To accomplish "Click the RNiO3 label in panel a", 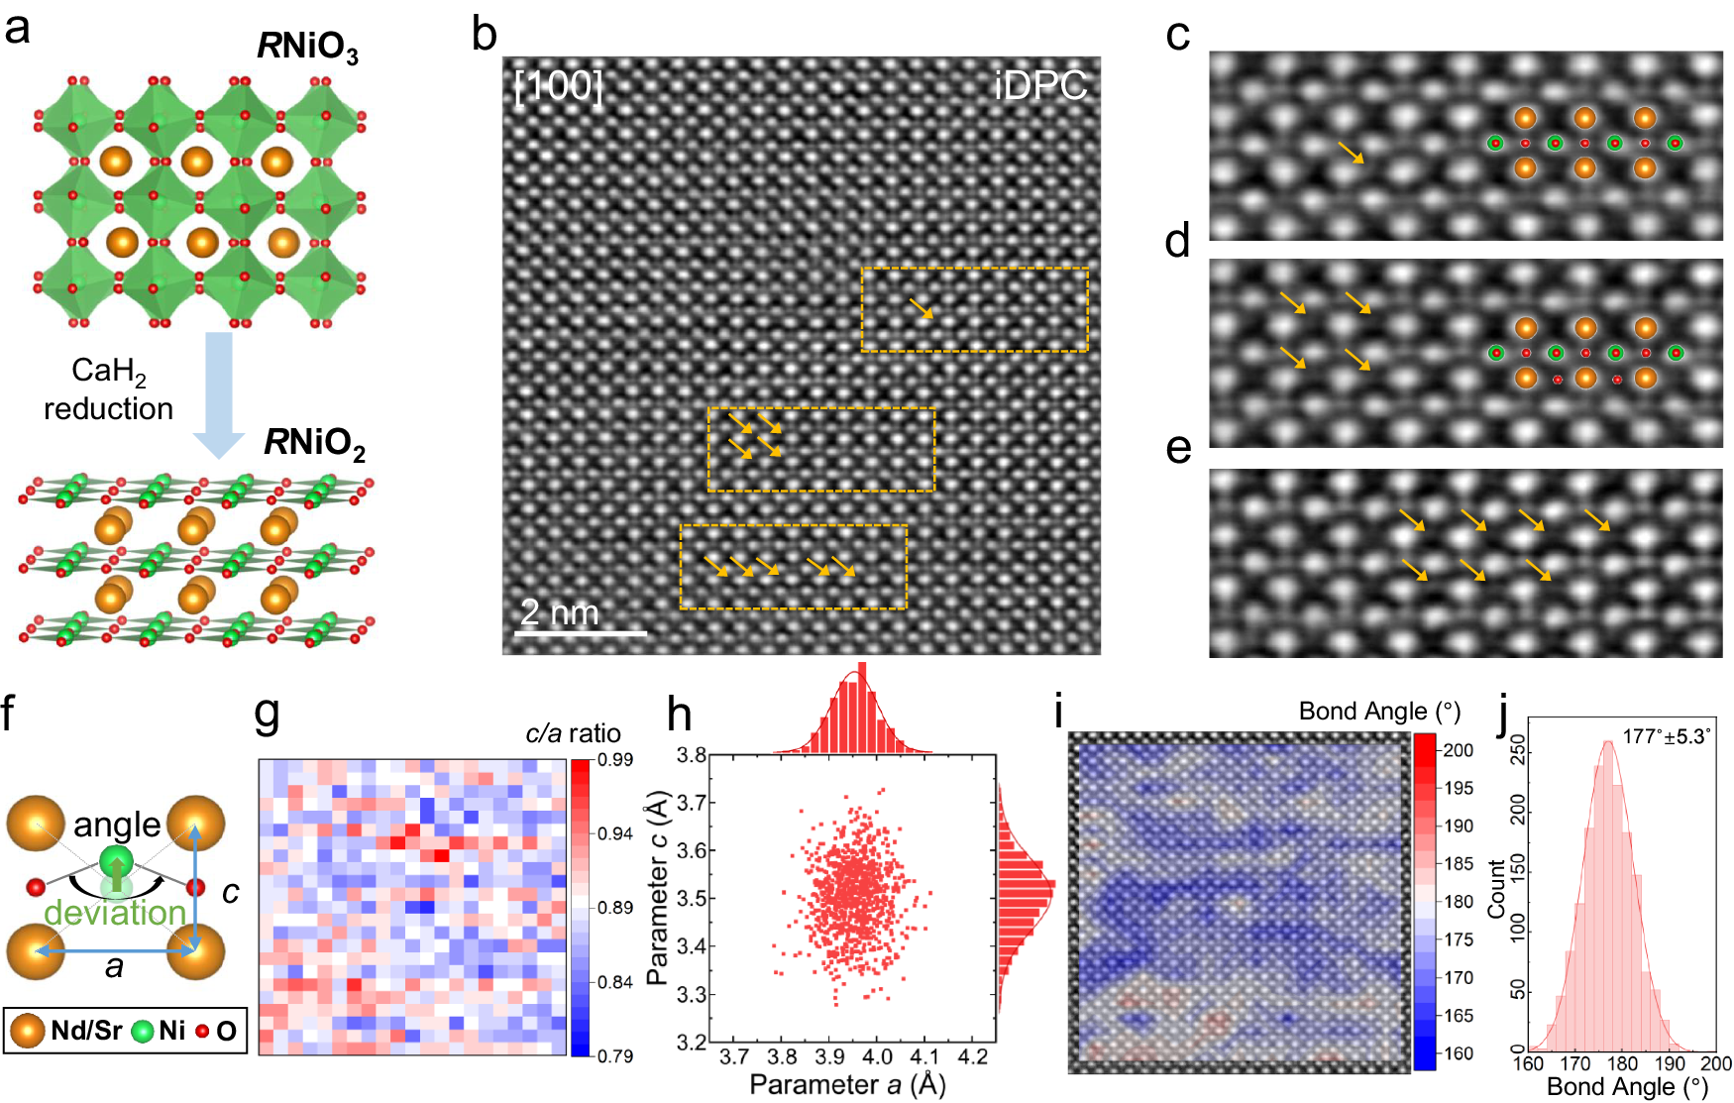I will coord(307,46).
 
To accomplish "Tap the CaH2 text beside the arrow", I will coord(108,372).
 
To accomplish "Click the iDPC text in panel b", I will coord(1039,86).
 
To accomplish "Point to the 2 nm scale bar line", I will coord(581,632).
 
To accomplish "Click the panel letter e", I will coord(1178,448).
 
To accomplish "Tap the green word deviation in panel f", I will coord(115,912).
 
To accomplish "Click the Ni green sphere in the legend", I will coord(143,1031).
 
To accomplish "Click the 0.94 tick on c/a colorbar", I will coord(614,833).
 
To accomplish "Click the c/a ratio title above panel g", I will coord(573,733).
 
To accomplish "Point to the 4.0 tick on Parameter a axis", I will coord(877,1056).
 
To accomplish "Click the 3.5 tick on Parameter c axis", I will coord(691,898).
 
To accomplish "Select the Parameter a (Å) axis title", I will coord(847,1084).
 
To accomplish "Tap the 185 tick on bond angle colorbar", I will coord(1458,863).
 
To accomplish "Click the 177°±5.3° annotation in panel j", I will coord(1666,736).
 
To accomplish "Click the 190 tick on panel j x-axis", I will coord(1670,1063).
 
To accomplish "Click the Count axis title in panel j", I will coord(1496,887).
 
